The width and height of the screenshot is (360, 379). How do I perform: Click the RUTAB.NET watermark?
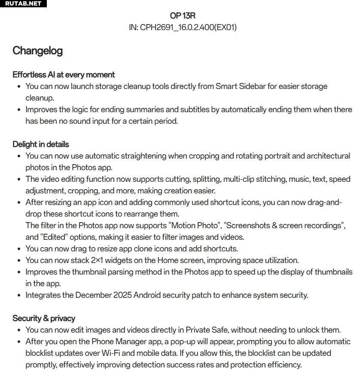[23, 3]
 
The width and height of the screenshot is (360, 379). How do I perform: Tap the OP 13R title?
[183, 15]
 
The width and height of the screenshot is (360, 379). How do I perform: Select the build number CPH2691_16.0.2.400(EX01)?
[188, 27]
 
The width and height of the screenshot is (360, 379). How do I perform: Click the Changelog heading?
[37, 51]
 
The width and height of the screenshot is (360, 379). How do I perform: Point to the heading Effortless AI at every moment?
[64, 75]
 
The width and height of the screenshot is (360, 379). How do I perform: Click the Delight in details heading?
[41, 144]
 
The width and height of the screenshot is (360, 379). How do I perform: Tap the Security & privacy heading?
[44, 318]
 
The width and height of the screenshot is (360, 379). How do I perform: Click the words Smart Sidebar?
[240, 86]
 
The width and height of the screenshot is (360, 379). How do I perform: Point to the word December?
[94, 295]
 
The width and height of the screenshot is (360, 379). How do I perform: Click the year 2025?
[122, 295]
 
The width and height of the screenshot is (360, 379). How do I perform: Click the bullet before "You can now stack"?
[19, 261]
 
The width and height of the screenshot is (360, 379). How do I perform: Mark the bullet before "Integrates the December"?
[19, 296]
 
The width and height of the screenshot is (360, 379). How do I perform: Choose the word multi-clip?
[236, 179]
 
